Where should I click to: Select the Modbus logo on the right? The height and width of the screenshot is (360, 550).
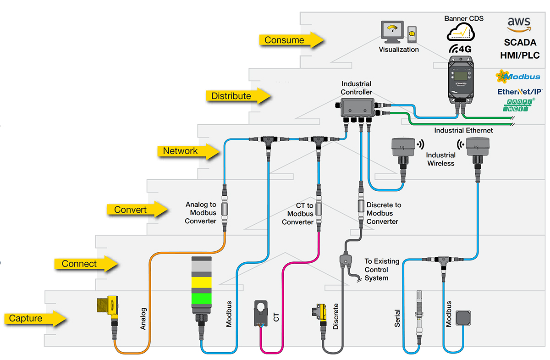(x=518, y=76)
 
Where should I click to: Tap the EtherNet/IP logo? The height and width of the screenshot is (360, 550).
(x=520, y=92)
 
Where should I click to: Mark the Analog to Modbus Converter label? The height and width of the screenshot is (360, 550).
(x=201, y=213)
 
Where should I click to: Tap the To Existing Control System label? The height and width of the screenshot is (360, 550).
(x=382, y=270)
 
